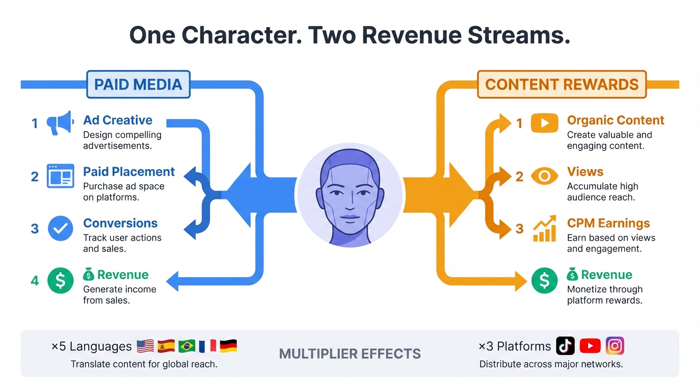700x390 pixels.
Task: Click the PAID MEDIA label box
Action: click(x=138, y=84)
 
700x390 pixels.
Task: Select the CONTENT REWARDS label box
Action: click(x=562, y=84)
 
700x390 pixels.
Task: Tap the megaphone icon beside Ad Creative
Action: click(x=60, y=123)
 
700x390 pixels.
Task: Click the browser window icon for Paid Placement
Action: click(x=60, y=176)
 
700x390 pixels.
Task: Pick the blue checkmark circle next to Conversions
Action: click(x=60, y=228)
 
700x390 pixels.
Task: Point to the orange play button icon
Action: click(x=544, y=123)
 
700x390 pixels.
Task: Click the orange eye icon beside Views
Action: click(x=544, y=176)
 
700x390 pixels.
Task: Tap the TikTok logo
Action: click(x=565, y=346)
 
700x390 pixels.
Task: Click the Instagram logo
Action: click(x=615, y=346)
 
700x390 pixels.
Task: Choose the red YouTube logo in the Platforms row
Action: click(x=590, y=346)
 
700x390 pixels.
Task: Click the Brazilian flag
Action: click(x=187, y=346)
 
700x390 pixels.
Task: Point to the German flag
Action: click(x=228, y=346)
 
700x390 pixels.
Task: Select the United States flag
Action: click(x=145, y=346)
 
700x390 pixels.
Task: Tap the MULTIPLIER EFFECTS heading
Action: click(x=350, y=353)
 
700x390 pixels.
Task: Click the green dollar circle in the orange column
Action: click(x=544, y=280)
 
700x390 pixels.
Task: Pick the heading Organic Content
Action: click(x=616, y=120)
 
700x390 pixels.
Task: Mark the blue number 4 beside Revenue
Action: click(x=35, y=280)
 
